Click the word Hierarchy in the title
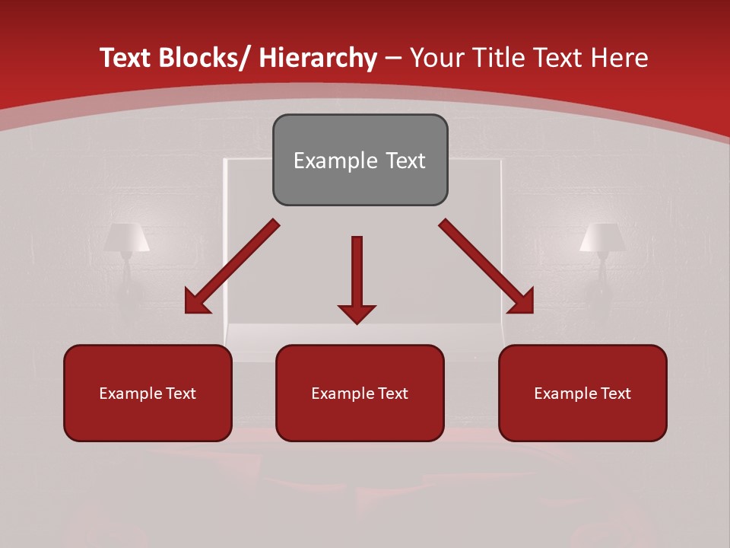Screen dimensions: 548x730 coord(318,58)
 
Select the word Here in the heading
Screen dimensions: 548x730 coord(622,58)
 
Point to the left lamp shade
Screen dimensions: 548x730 coord(126,237)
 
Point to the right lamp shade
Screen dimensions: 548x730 coord(602,237)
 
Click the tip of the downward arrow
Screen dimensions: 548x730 coord(357,323)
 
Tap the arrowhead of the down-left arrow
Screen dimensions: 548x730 coord(195,304)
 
